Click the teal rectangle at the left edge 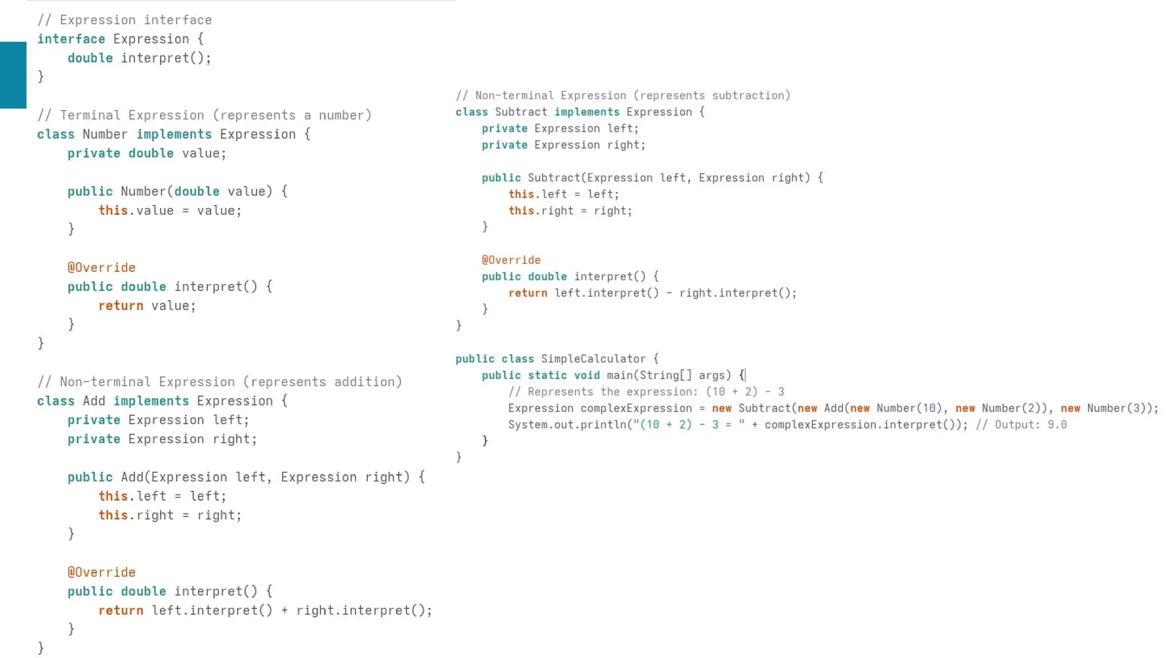tap(13, 75)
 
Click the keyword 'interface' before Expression tap(71, 39)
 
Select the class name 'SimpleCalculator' tap(593, 359)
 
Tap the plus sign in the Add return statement tap(285, 611)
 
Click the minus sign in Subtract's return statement tap(668, 293)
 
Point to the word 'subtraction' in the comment tap(750, 95)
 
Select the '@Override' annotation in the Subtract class tap(511, 260)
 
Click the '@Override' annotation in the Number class tap(101, 267)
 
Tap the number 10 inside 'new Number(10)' tap(929, 408)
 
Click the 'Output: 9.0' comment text tap(1031, 425)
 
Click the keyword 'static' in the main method tap(547, 375)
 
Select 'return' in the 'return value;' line tap(121, 306)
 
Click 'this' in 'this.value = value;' tap(113, 210)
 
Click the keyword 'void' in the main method tap(587, 375)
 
